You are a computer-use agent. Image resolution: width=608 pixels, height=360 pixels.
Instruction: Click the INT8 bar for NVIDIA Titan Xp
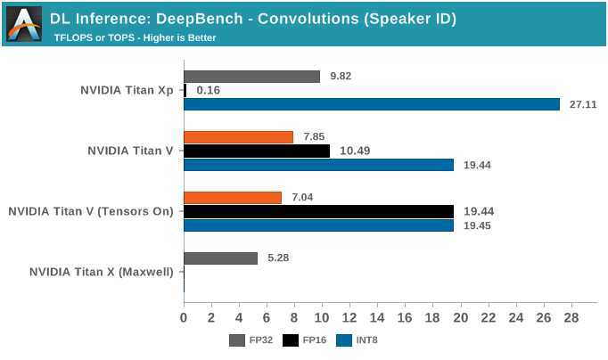tap(372, 104)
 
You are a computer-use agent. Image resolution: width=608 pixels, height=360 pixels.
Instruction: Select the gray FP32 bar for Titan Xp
tap(251, 77)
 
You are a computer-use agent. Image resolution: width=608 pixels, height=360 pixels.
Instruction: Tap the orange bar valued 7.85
tap(238, 137)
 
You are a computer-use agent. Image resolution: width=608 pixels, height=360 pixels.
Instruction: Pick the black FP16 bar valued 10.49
tap(257, 151)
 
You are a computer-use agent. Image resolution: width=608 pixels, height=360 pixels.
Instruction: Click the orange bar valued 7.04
tap(233, 198)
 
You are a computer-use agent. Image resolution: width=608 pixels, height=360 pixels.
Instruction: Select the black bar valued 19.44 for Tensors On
tap(318, 211)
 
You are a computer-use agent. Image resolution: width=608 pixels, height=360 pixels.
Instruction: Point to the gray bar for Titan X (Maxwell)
tap(220, 258)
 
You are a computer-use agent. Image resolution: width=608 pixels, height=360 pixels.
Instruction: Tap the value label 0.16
tap(208, 90)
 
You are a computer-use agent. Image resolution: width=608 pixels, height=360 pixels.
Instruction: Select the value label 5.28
tap(280, 258)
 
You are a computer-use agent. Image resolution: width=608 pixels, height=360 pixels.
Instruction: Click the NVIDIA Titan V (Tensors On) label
tap(91, 211)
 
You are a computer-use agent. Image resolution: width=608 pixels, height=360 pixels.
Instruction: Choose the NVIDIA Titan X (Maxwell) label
tap(102, 272)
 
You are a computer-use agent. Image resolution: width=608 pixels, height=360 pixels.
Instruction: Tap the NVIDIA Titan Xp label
tap(127, 90)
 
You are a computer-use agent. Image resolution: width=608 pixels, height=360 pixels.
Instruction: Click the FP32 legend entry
tap(251, 340)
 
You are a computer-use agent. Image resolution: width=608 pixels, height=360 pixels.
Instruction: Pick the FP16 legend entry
tap(303, 340)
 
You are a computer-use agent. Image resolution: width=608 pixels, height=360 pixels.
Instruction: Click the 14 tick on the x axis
tap(377, 317)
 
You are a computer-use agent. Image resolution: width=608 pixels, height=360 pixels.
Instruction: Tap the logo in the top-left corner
tap(23, 23)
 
